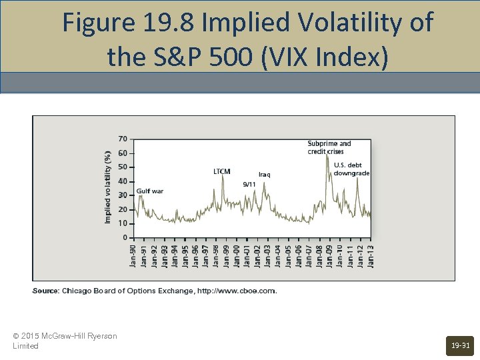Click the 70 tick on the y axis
pos(123,139)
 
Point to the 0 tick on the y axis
pos(125,237)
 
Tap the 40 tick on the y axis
pos(123,181)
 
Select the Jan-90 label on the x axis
pos(133,256)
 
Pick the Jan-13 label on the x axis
pos(370,256)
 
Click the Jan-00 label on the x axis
pos(236,256)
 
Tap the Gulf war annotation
pos(150,191)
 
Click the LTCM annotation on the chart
pos(222,172)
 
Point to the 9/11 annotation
pos(249,184)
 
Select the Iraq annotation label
pos(264,175)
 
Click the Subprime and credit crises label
pos(329,147)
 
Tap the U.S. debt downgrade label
pos(351,169)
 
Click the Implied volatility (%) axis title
pos(108,186)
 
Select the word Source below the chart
pos(45,291)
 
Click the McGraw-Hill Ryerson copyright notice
pos(65,341)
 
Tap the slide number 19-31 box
pos(460,345)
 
